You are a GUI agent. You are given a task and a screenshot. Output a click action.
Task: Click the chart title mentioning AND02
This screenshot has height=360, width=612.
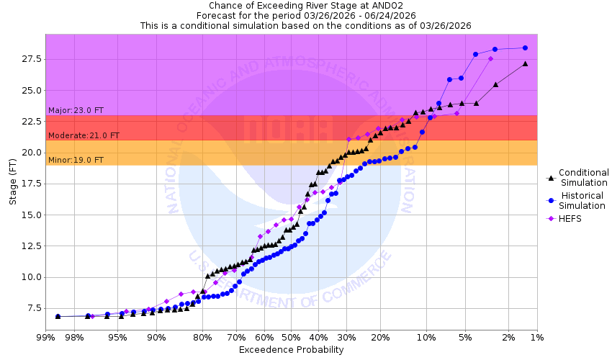(x=305, y=5)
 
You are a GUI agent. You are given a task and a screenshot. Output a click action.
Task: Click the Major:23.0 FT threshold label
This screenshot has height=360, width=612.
(x=76, y=110)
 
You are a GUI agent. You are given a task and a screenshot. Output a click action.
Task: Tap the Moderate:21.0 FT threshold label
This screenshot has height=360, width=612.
(x=84, y=135)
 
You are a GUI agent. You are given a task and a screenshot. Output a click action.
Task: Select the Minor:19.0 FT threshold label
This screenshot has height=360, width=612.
(x=76, y=160)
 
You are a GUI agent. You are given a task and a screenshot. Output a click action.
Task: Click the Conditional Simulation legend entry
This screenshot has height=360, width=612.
(x=583, y=177)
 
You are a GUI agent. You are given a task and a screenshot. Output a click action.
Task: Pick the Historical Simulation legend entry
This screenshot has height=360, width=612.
(x=583, y=200)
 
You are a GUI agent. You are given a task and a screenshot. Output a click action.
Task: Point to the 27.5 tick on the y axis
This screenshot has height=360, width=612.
(x=31, y=59)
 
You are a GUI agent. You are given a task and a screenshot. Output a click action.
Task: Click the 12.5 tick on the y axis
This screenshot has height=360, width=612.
(x=31, y=246)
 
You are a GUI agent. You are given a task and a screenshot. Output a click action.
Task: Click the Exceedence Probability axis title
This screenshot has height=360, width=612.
(x=291, y=350)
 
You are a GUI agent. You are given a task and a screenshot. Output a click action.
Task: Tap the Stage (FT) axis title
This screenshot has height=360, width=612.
(x=13, y=184)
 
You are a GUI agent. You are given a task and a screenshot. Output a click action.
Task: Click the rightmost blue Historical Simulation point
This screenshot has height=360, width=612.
(x=525, y=48)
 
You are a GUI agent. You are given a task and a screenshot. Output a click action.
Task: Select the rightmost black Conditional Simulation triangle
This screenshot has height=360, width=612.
(x=525, y=63)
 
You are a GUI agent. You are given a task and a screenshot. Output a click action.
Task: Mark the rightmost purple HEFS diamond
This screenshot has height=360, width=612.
(x=490, y=58)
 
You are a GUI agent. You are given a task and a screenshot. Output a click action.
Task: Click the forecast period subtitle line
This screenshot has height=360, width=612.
(x=305, y=15)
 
